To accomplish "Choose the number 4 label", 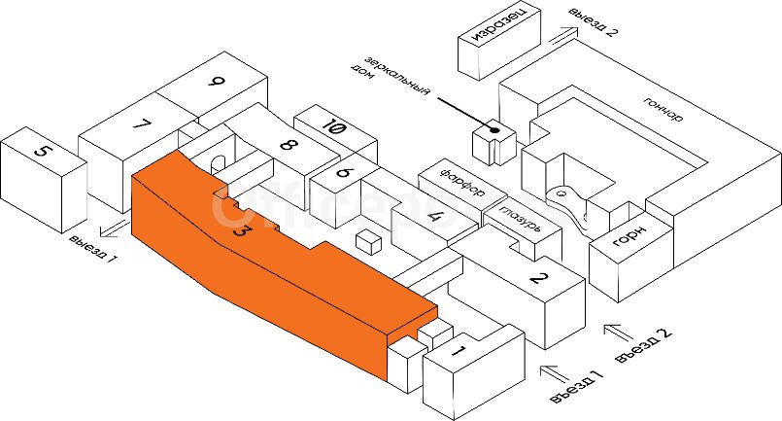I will (x=436, y=218).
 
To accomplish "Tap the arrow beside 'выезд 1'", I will (x=114, y=229).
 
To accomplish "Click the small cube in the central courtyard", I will (x=368, y=240).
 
